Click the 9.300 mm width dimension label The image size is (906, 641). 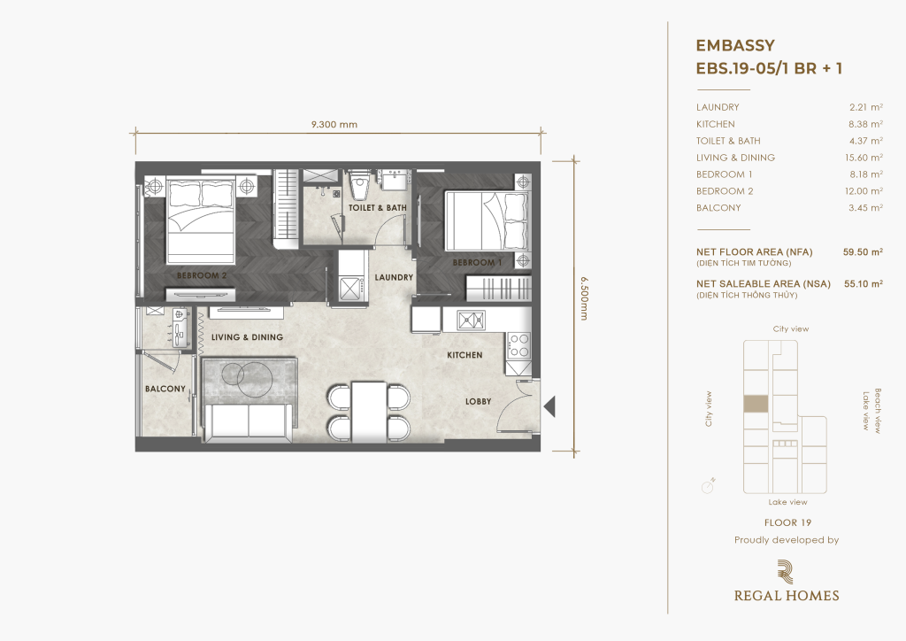(x=334, y=124)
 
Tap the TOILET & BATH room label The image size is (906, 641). (x=377, y=207)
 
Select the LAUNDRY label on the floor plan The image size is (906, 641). (x=394, y=277)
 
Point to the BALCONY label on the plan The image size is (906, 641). (x=165, y=389)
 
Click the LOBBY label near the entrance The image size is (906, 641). (x=479, y=401)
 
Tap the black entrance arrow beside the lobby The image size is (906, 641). (x=549, y=406)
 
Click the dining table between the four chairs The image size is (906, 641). (x=369, y=412)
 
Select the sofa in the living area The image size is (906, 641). (x=249, y=423)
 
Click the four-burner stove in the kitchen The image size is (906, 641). (x=518, y=345)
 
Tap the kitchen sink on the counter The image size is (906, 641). (x=471, y=319)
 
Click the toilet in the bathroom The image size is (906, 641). (x=361, y=185)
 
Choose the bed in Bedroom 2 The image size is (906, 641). (x=201, y=221)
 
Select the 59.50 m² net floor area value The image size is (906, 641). (x=863, y=252)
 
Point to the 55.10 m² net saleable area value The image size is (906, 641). (x=864, y=284)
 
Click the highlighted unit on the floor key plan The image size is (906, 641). (x=756, y=404)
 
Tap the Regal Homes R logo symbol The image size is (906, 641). (x=786, y=572)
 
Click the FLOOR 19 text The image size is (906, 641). (x=787, y=522)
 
